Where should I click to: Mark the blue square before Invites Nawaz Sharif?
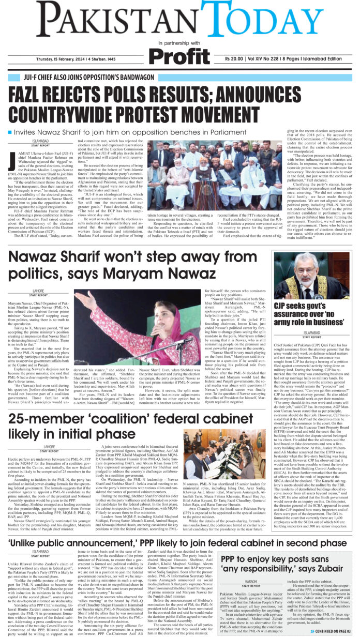10,132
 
